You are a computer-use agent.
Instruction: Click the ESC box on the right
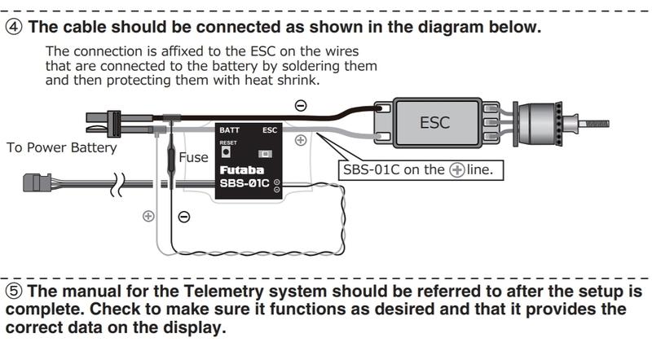coord(434,123)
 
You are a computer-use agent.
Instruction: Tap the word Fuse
coord(193,157)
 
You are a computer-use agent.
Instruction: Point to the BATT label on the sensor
coord(230,130)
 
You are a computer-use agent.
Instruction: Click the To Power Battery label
coord(61,148)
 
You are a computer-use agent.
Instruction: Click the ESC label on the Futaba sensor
coord(269,130)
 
